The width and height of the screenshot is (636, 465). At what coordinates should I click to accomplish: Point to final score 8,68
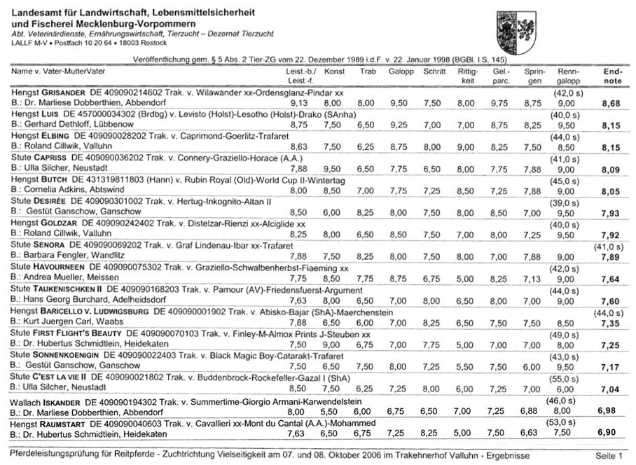611,103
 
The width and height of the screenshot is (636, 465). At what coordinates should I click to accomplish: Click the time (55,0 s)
567,377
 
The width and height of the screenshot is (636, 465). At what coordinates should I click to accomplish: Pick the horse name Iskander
64,401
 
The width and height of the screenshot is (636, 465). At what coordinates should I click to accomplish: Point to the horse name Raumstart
68,423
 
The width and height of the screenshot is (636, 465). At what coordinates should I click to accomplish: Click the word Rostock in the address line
134,43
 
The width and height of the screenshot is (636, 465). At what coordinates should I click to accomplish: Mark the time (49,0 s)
567,333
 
